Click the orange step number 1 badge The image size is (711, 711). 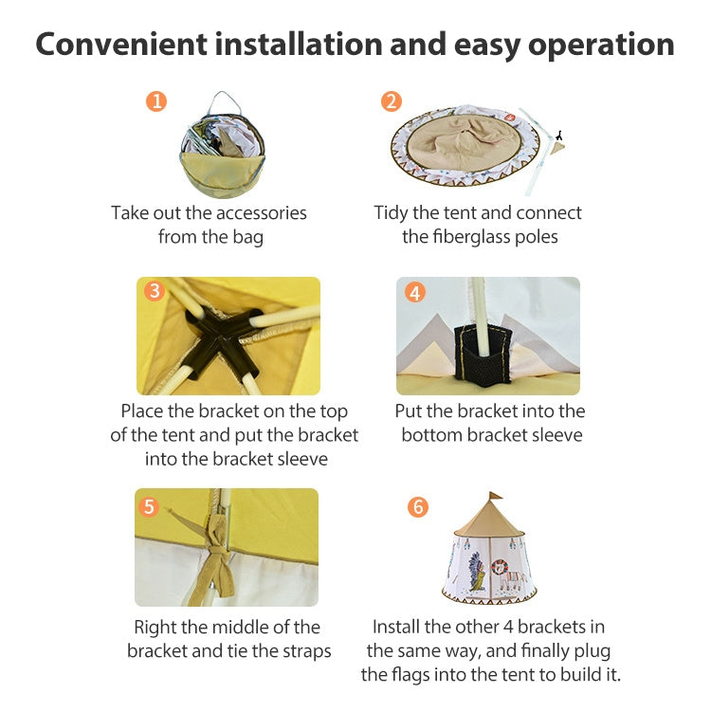pyautogui.click(x=156, y=101)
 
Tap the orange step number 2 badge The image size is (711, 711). pyautogui.click(x=391, y=101)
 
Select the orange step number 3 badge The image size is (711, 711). pyautogui.click(x=155, y=291)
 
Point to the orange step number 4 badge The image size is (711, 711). pyautogui.click(x=414, y=292)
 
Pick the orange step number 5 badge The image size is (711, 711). pyautogui.click(x=148, y=506)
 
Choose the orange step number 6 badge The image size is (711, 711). pyautogui.click(x=418, y=506)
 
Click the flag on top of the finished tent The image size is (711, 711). pyautogui.click(x=495, y=498)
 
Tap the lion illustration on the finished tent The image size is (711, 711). pyautogui.click(x=513, y=574)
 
